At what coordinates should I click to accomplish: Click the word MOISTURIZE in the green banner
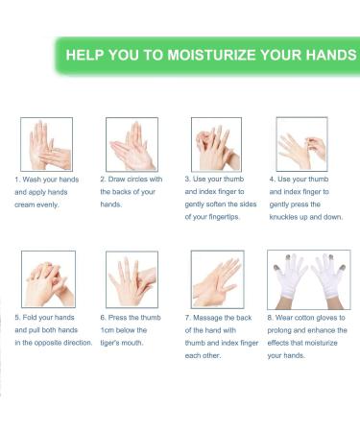click(211, 55)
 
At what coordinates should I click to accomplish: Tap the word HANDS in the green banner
click(331, 55)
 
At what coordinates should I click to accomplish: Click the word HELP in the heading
click(84, 55)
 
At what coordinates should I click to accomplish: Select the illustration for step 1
click(47, 144)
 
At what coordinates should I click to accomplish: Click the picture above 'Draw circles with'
click(132, 144)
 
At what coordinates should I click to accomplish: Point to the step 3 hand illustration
click(216, 144)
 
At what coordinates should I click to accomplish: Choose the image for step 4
click(301, 144)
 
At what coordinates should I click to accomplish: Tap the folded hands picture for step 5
click(48, 279)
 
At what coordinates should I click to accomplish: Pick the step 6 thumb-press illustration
click(132, 279)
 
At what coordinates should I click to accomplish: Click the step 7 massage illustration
click(218, 279)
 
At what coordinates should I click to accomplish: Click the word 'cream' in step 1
click(24, 204)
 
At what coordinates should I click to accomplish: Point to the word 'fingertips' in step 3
click(224, 217)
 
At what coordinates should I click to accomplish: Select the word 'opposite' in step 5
click(48, 343)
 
